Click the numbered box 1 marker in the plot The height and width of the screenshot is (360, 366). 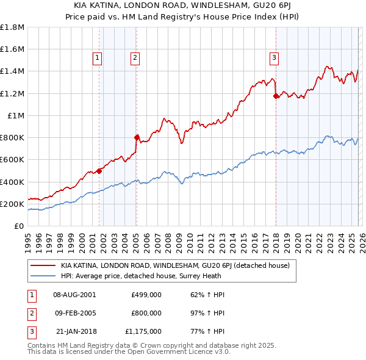click(98, 58)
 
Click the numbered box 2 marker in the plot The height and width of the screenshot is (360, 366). click(135, 58)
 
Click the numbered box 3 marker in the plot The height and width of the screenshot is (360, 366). click(274, 58)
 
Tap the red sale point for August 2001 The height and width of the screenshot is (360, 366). click(99, 171)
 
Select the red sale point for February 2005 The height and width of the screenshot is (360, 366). click(137, 137)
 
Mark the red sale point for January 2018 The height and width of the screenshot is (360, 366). click(276, 96)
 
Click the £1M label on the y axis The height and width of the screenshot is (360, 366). click(16, 115)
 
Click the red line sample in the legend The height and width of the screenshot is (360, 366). click(43, 265)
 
